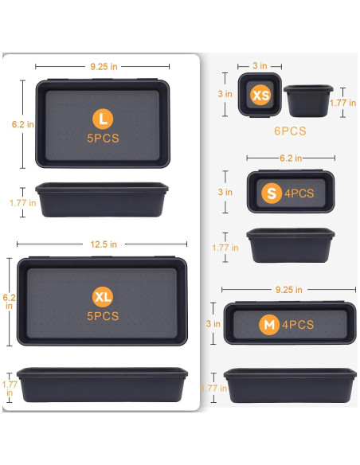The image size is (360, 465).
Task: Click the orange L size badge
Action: [102, 120]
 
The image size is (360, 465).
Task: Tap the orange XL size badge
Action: [102, 297]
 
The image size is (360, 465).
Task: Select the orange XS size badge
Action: [260, 96]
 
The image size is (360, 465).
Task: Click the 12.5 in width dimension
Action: [103, 244]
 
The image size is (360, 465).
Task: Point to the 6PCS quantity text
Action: [289, 131]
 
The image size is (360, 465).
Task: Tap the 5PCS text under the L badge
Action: [102, 139]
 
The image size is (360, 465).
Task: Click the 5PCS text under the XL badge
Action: [102, 316]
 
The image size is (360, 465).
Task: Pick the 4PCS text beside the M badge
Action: [297, 325]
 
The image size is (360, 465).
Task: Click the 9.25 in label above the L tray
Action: [103, 67]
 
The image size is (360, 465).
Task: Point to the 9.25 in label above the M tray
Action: [288, 290]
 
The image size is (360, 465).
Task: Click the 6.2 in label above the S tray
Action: [290, 158]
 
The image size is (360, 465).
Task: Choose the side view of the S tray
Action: [290, 245]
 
